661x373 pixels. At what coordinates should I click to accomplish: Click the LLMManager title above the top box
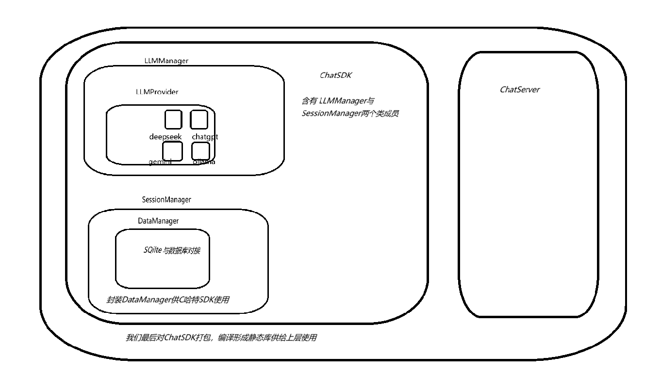click(166, 61)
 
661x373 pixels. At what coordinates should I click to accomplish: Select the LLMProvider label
click(157, 92)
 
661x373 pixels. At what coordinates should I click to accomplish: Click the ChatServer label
click(519, 90)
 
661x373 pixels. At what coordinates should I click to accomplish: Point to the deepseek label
click(165, 137)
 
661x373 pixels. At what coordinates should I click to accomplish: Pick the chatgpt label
click(205, 137)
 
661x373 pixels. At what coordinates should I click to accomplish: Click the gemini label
click(160, 162)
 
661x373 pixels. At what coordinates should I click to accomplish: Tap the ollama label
click(203, 162)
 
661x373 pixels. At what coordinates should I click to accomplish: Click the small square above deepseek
click(173, 119)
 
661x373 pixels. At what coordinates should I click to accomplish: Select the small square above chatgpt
click(199, 119)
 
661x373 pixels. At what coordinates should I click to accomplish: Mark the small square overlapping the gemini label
click(173, 151)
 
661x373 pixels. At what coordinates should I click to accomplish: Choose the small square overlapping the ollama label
click(200, 151)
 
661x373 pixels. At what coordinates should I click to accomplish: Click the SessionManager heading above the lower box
click(166, 199)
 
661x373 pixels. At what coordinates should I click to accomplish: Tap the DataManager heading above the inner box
click(158, 221)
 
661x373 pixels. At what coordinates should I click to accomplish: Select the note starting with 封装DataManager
click(167, 300)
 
